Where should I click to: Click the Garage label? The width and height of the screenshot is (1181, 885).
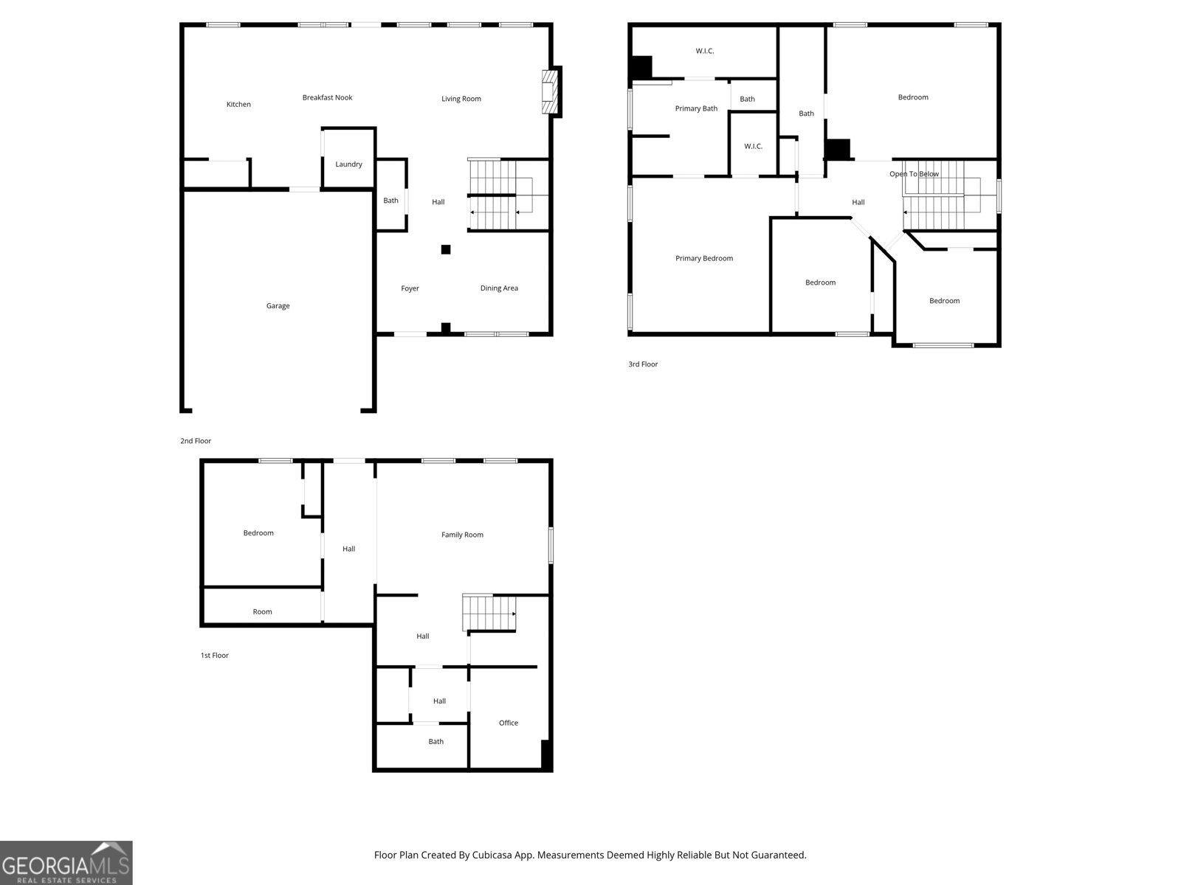278,306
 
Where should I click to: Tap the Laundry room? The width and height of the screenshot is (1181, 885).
348,164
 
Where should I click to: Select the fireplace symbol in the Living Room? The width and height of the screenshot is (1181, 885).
550,92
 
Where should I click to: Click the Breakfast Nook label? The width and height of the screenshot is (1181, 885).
327,97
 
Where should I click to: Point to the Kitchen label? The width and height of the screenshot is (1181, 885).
238,105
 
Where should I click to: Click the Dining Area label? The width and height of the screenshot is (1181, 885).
499,288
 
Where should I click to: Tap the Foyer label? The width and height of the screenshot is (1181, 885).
410,288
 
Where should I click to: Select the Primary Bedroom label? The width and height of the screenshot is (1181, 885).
703,258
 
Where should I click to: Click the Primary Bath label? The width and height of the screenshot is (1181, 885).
695,108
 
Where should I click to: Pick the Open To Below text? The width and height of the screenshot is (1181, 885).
914,174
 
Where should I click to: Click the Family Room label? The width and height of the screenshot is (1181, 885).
462,535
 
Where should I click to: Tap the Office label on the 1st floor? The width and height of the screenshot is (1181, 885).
508,723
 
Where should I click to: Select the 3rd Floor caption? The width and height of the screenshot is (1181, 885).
643,364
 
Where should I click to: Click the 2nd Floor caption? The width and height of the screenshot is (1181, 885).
196,441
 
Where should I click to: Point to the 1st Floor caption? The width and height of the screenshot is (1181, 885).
215,655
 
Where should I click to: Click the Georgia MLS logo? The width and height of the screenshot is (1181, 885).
66,863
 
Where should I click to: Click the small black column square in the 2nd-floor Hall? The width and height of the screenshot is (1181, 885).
446,249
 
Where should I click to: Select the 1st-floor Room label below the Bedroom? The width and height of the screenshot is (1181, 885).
262,611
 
